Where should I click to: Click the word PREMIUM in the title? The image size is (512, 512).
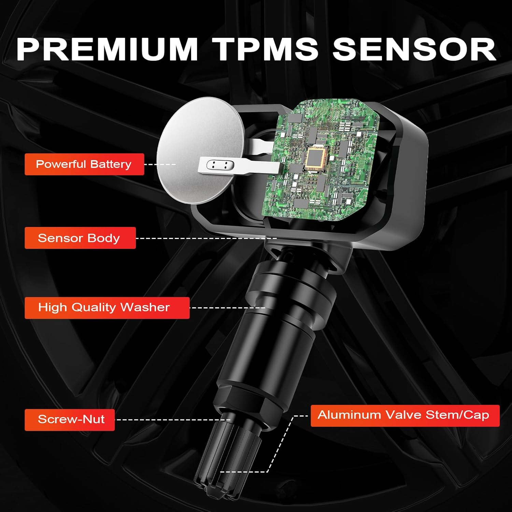click(107, 49)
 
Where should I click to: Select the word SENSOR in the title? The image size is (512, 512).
click(414, 49)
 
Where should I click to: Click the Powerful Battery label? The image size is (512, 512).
click(84, 164)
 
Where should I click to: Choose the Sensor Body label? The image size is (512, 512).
click(80, 238)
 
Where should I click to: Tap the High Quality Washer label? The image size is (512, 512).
click(106, 308)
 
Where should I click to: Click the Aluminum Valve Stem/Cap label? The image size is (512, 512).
click(405, 415)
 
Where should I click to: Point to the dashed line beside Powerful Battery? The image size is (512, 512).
click(160, 165)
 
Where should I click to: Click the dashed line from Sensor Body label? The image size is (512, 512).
click(205, 238)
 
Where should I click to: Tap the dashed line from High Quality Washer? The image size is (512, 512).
click(227, 308)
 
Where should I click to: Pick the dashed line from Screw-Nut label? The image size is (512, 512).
click(172, 420)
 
